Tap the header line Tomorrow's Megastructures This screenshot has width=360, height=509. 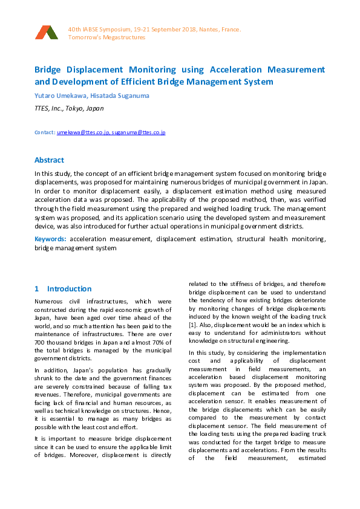pos(106,37)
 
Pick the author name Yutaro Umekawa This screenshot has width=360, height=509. pos(56,95)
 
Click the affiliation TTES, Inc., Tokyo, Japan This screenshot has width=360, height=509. pos(68,109)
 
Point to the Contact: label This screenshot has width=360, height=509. pos(45,132)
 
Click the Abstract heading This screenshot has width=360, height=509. pos(49,160)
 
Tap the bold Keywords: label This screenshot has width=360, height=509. pos(51,239)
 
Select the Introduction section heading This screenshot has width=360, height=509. pos(70,289)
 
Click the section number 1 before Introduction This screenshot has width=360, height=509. pos(37,289)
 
